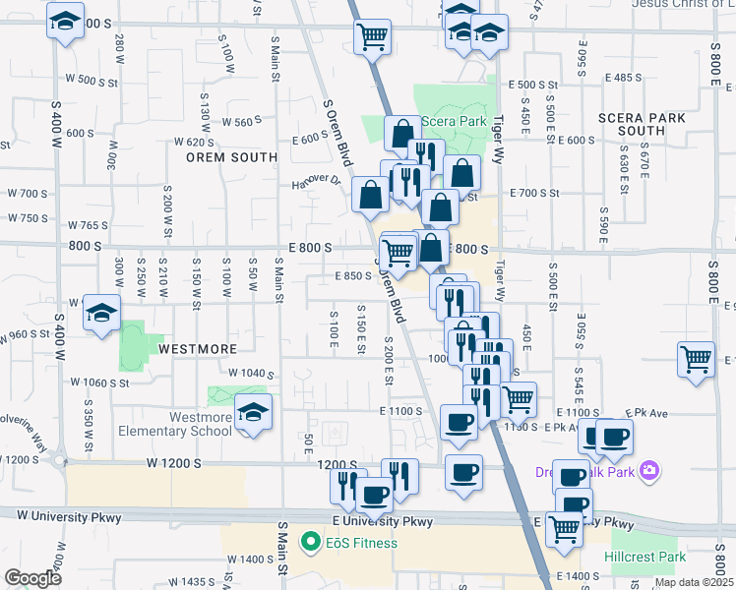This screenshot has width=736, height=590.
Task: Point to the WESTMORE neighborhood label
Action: pyautogui.click(x=197, y=349)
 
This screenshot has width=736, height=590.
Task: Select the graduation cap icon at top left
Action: pyautogui.click(x=65, y=22)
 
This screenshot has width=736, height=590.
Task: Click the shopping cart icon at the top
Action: pyautogui.click(x=373, y=38)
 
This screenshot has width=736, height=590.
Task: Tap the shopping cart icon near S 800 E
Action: pyautogui.click(x=697, y=360)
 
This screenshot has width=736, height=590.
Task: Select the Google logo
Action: pyautogui.click(x=32, y=577)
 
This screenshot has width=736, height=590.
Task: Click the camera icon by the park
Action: pyautogui.click(x=648, y=471)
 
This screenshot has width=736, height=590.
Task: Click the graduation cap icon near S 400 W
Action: pyautogui.click(x=101, y=314)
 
